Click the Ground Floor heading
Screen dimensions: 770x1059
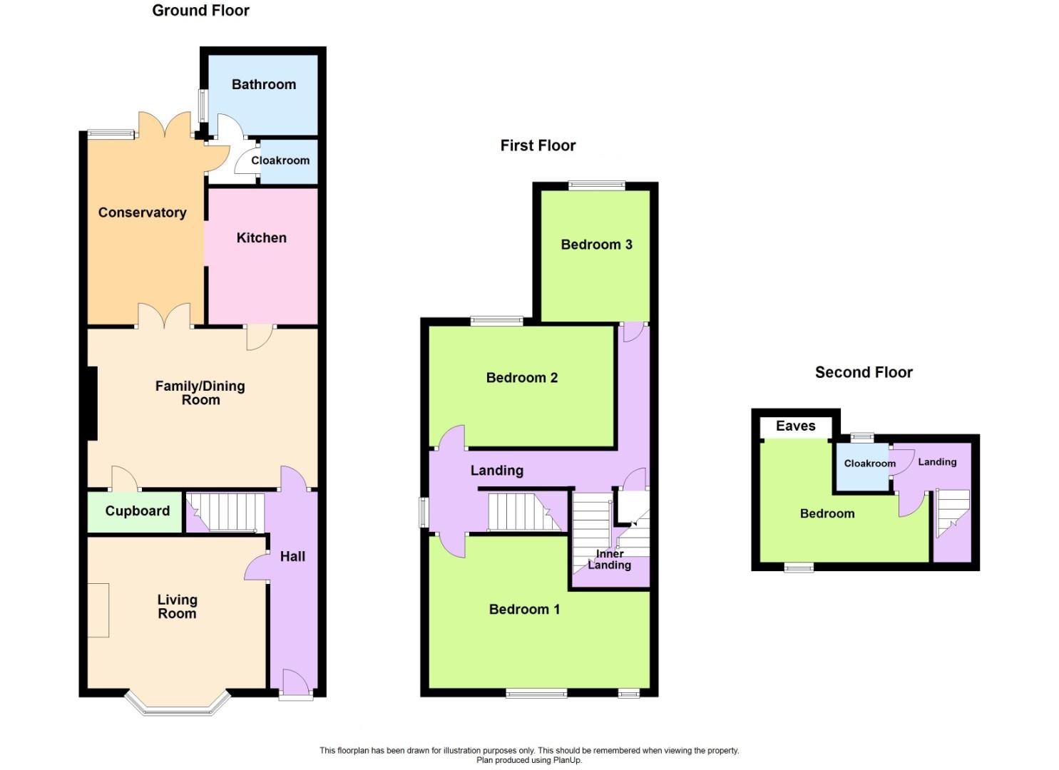(x=200, y=11)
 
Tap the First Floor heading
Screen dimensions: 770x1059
(x=538, y=145)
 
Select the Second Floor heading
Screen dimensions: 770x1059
(x=864, y=372)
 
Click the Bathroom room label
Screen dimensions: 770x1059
(x=263, y=84)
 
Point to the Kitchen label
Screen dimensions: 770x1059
(x=261, y=238)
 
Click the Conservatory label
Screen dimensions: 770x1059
(x=142, y=212)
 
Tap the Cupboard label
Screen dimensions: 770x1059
(x=137, y=511)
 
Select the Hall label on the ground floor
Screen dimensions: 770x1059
(x=292, y=557)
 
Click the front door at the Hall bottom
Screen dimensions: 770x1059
(x=295, y=684)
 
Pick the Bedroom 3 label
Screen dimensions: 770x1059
(x=596, y=245)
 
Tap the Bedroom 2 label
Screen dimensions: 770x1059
(x=521, y=378)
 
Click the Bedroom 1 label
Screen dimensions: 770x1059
(x=524, y=609)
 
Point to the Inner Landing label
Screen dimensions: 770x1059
(x=609, y=560)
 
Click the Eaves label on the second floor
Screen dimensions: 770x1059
(x=795, y=426)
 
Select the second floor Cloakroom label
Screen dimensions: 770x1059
(x=869, y=463)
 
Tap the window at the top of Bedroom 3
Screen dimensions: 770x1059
(x=596, y=186)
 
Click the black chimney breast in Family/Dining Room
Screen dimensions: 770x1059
(x=92, y=403)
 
